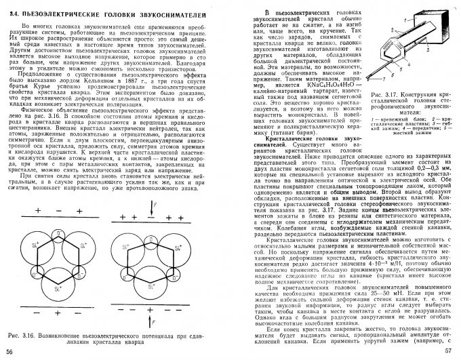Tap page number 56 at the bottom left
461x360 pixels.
9,351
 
